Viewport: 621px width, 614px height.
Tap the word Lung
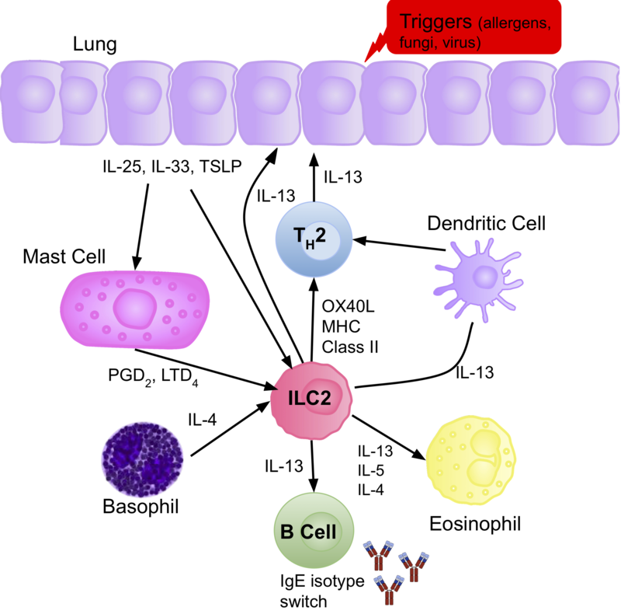tap(94, 44)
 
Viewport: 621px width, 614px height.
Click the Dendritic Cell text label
tap(486, 224)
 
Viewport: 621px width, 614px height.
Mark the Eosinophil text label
tap(474, 522)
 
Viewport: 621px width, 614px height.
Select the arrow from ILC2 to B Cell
tap(314, 465)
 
